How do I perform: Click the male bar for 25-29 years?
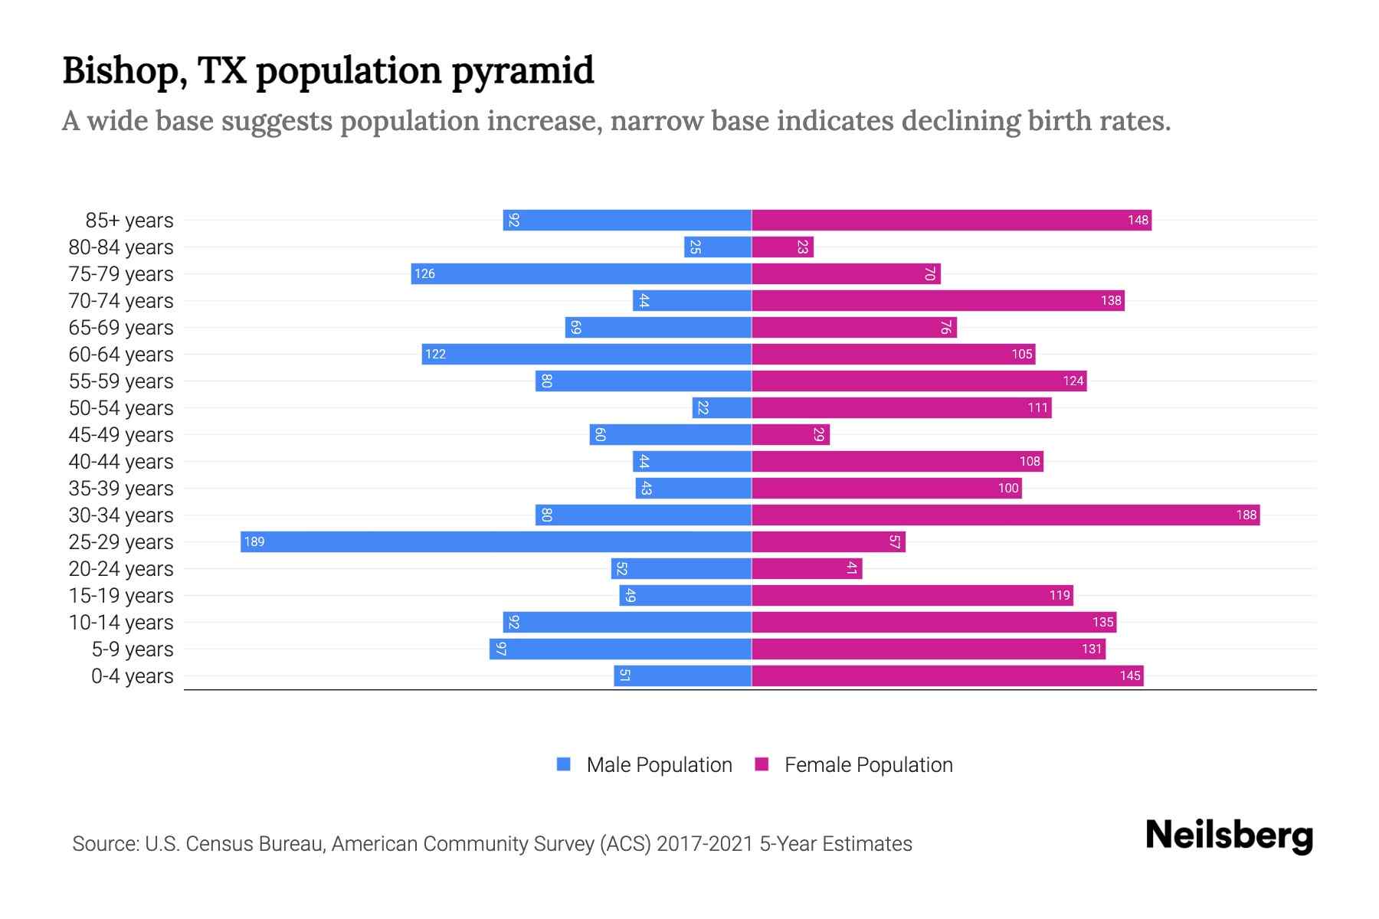click(x=496, y=541)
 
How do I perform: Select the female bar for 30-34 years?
click(x=1005, y=515)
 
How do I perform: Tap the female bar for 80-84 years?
click(x=782, y=247)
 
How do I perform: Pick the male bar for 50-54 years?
click(x=722, y=407)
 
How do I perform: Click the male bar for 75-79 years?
click(x=581, y=273)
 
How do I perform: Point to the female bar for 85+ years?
click(x=951, y=220)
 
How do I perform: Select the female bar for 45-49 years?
click(x=790, y=434)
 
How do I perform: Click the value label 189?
click(x=254, y=542)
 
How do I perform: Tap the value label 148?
click(x=1138, y=221)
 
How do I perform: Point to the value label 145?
click(x=1130, y=676)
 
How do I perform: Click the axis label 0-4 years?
click(x=132, y=676)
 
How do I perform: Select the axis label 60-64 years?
click(x=121, y=355)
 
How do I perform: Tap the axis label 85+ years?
click(x=129, y=221)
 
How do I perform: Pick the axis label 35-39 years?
click(x=121, y=489)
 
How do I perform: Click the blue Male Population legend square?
click(x=564, y=764)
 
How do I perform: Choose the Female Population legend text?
click(x=868, y=765)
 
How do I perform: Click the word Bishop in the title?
click(x=125, y=71)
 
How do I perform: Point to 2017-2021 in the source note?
click(x=705, y=844)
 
